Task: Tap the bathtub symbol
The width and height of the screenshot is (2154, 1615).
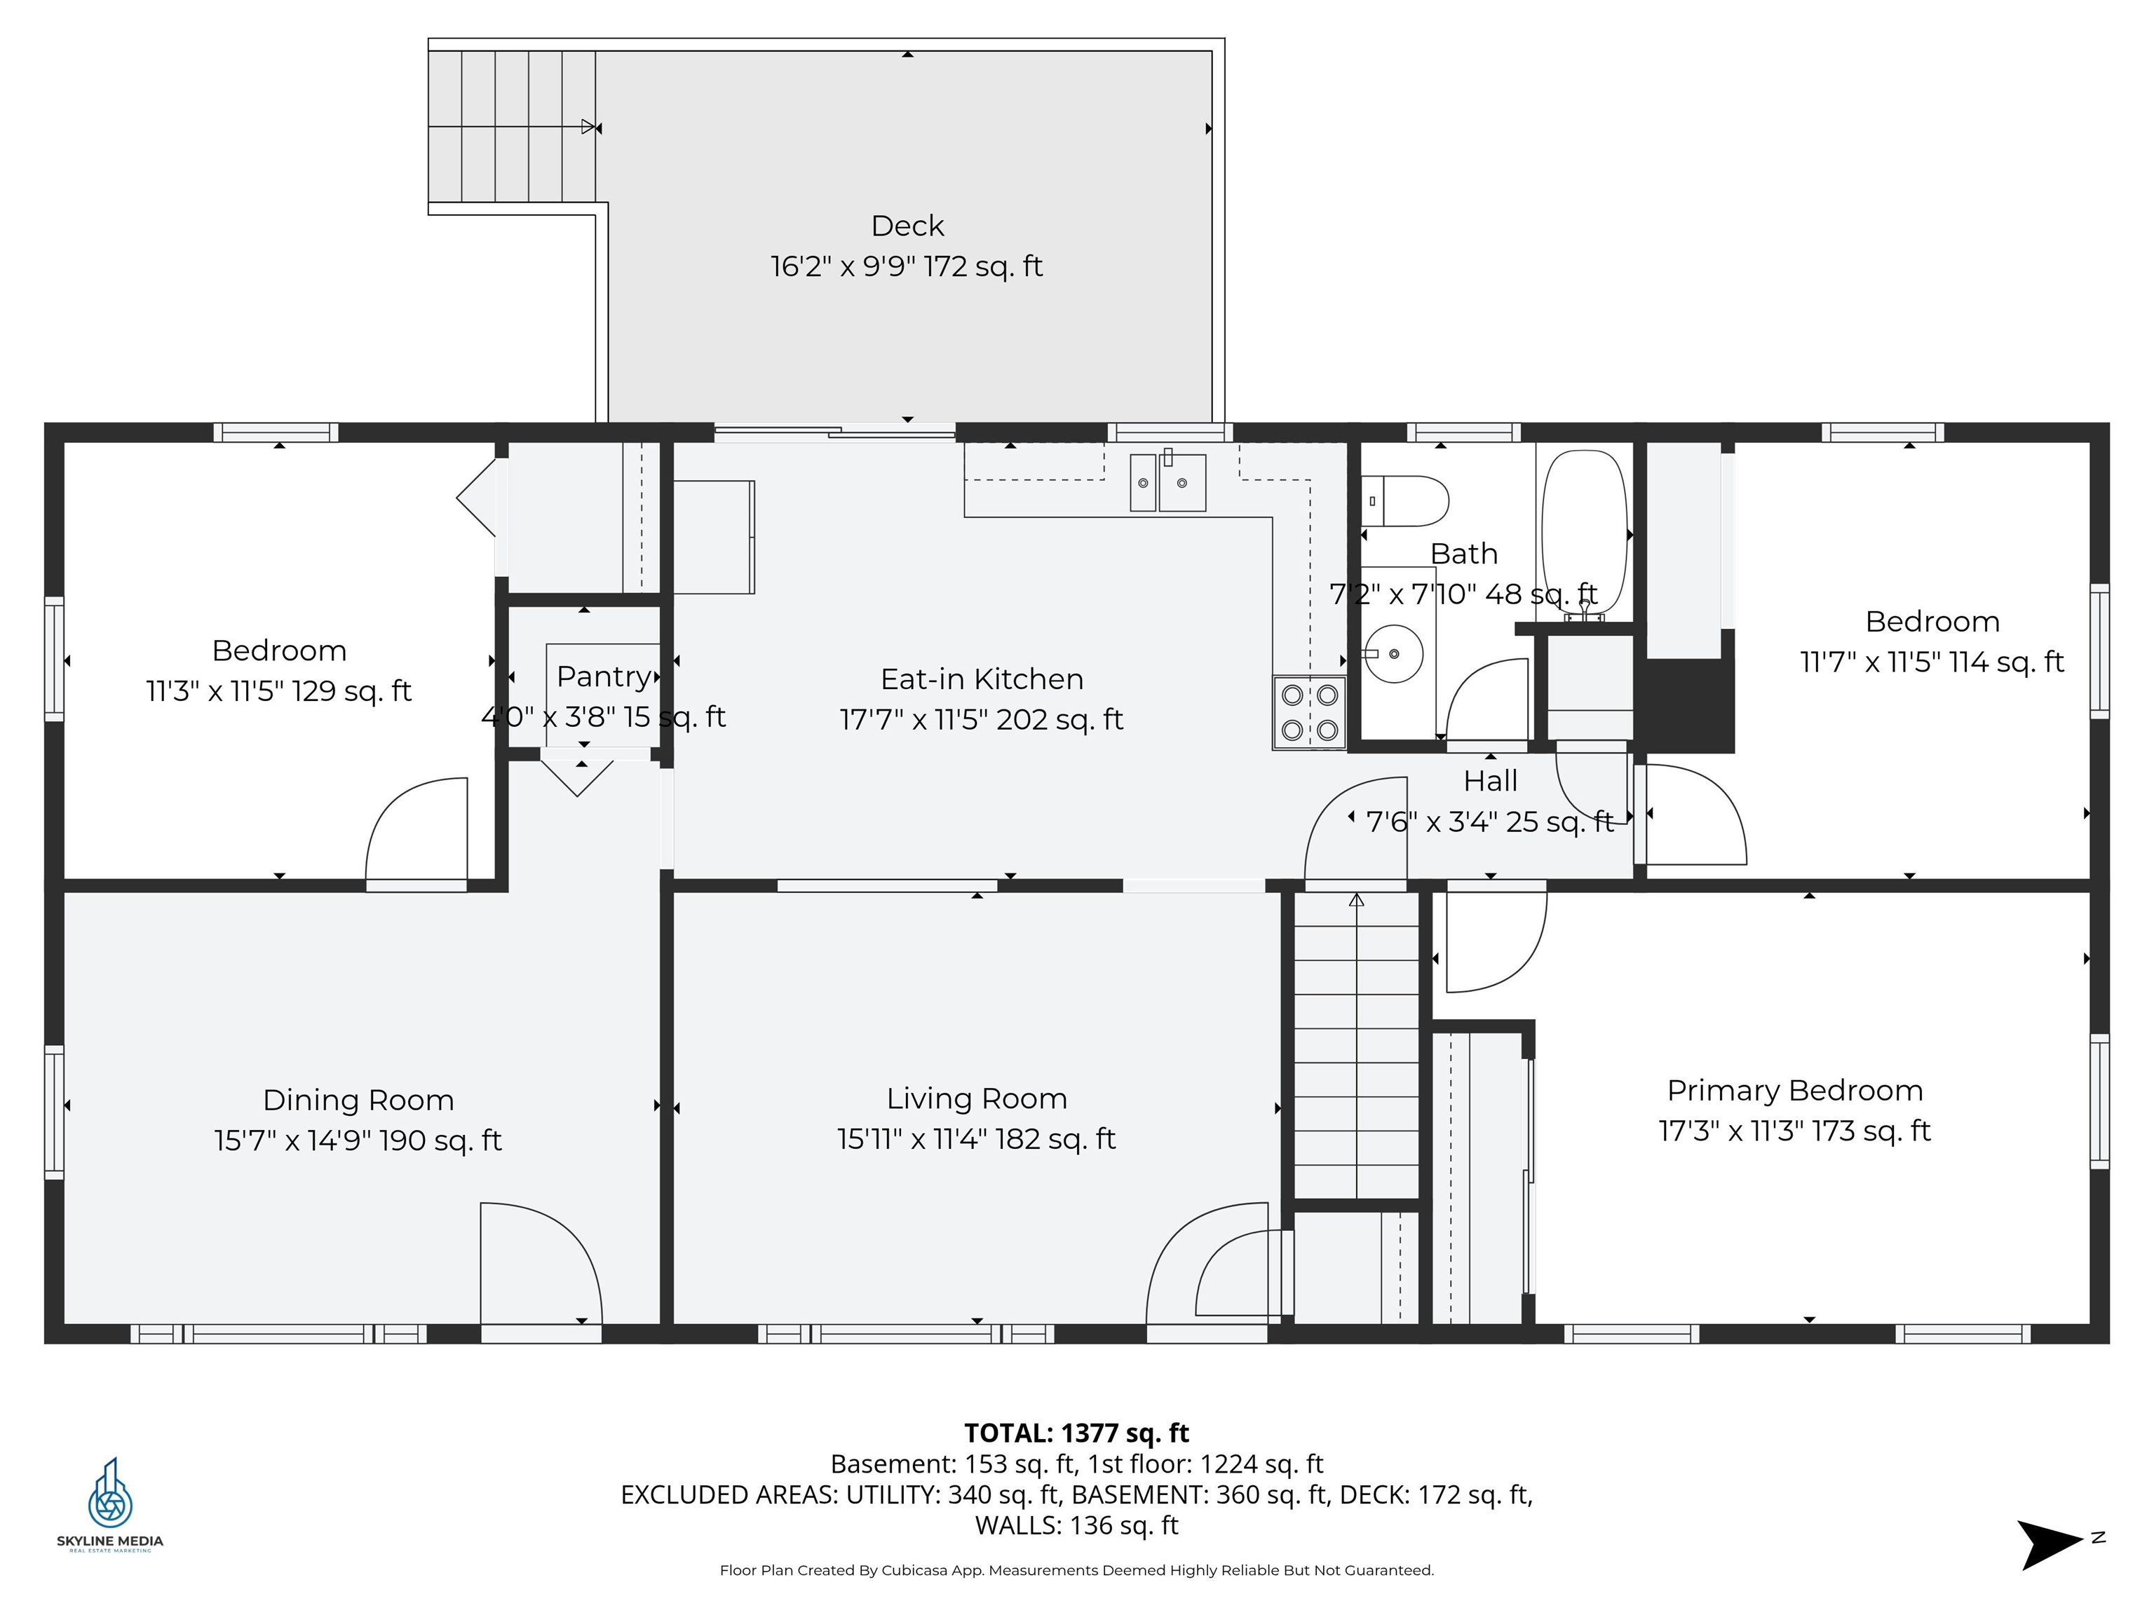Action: click(x=1583, y=530)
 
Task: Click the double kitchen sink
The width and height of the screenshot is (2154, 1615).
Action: click(x=1167, y=482)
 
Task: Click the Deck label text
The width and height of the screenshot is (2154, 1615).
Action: click(x=907, y=226)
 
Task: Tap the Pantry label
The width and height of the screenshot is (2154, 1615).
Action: click(x=604, y=676)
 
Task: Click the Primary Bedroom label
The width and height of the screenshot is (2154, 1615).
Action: click(x=1795, y=1090)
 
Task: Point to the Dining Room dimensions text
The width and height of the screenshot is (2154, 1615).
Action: click(x=358, y=1140)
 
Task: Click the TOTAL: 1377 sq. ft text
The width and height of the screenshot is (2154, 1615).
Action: click(x=1076, y=1433)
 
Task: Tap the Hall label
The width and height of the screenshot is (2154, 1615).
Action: click(x=1490, y=781)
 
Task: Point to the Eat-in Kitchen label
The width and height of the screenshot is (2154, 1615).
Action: click(x=982, y=679)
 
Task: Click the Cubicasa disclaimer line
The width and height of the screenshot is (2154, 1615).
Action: click(x=1076, y=1570)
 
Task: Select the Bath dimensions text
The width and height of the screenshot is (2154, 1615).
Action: click(x=1463, y=594)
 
